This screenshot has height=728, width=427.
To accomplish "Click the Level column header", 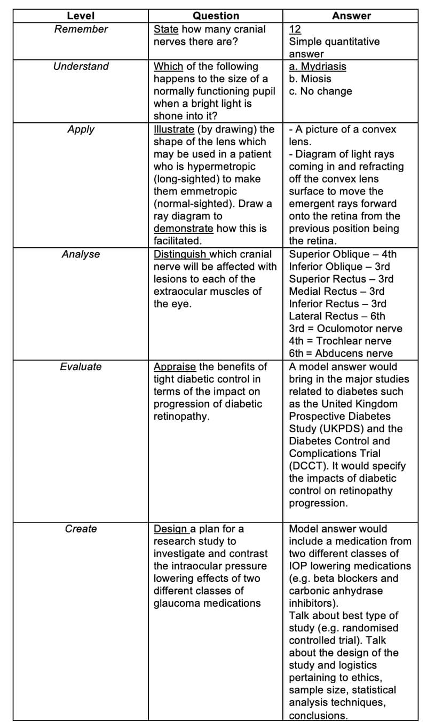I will [x=81, y=16].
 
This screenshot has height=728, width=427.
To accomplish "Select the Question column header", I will [x=216, y=16].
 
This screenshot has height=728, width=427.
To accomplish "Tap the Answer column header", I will [x=351, y=16].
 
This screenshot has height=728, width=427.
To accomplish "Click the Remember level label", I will [x=81, y=29].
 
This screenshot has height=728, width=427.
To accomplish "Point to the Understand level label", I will [x=81, y=66].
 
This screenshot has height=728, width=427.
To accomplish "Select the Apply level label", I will [x=81, y=129].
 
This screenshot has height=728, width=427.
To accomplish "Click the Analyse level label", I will [x=81, y=254].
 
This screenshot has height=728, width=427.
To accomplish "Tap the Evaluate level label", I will [x=81, y=366].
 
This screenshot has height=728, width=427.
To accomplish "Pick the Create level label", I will [x=81, y=529].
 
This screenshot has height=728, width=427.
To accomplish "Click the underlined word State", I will [x=166, y=29].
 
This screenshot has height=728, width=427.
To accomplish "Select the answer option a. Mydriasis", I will [x=318, y=66].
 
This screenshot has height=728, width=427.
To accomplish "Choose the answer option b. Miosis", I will [x=310, y=79].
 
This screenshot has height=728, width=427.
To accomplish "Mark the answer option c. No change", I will [x=321, y=91].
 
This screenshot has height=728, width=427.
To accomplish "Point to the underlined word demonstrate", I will [x=183, y=229].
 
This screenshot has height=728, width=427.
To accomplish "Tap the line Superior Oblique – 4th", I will [x=343, y=254].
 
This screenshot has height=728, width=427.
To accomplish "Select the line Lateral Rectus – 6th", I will [x=337, y=316].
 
